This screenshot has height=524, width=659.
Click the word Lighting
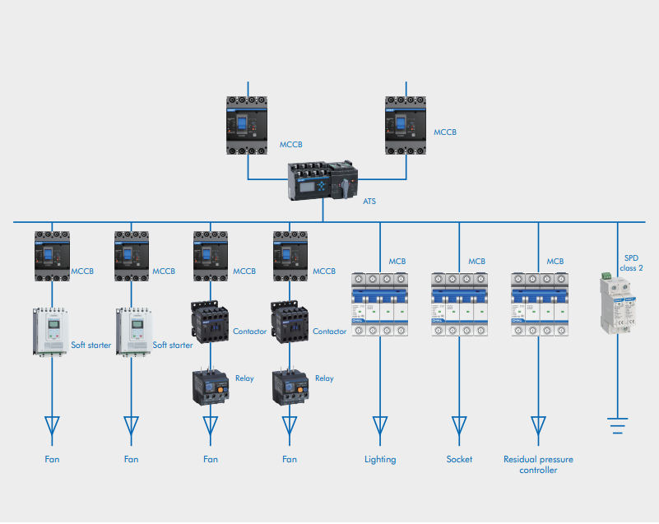380,459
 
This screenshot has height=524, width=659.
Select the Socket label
459,459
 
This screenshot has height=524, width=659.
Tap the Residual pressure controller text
538,464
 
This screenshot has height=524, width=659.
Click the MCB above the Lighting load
380,304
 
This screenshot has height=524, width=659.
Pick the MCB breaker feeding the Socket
459,304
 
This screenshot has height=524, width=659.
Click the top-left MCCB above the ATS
248,126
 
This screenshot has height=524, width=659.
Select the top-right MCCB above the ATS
406,126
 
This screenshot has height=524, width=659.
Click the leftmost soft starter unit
52,332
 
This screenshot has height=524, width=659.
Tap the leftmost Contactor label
250,332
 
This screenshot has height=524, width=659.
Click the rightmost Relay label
324,378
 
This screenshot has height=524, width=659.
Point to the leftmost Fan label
52,459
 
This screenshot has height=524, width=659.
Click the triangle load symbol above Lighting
380,424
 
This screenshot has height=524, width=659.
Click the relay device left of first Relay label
211,386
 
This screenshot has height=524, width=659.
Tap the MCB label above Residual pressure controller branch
556,262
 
